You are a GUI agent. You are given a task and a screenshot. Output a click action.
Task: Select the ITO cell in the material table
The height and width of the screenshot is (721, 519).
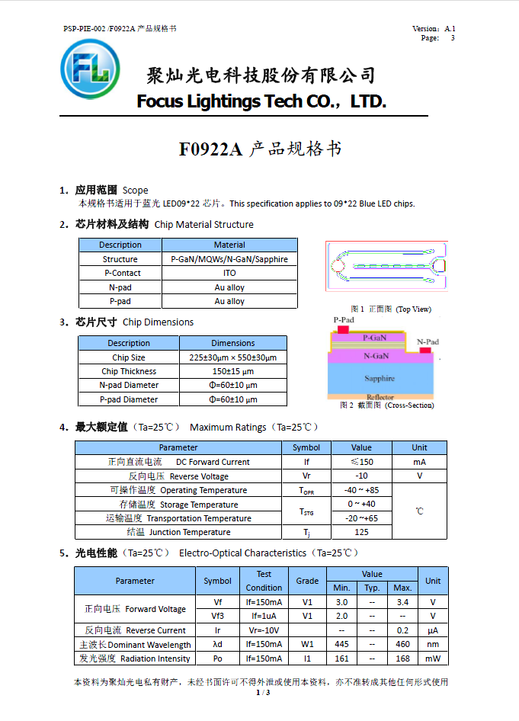pos(229,273)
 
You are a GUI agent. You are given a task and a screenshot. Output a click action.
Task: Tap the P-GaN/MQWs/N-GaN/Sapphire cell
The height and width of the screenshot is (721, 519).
pos(229,259)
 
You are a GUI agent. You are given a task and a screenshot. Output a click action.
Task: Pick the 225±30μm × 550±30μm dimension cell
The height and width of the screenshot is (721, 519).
pos(232,357)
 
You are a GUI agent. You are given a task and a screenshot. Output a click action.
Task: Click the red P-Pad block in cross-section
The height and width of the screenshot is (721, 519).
pos(343,329)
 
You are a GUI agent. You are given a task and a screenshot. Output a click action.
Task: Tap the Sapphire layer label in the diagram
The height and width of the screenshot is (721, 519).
pos(379,378)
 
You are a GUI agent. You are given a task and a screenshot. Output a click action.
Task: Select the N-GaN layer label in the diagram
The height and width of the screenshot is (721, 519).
pos(376,355)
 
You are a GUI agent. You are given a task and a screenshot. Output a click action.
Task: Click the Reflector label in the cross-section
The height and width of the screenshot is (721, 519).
pos(380,397)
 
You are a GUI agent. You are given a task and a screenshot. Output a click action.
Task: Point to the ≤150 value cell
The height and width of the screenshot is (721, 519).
pos(361,462)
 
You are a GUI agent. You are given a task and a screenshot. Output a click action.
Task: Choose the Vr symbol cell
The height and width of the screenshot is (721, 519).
pos(306,476)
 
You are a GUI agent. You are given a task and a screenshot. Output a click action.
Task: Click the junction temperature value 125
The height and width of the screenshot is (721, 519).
pos(361,532)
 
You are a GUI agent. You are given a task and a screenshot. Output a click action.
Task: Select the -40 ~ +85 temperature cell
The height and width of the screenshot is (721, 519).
pos(361,490)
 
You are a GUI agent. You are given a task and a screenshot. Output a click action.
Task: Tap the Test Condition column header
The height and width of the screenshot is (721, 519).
pos(264,581)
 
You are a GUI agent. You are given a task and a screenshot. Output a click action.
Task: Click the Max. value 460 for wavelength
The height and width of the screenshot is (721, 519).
pos(402,645)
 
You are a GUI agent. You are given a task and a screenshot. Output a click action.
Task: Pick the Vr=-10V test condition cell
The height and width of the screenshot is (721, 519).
pos(264,630)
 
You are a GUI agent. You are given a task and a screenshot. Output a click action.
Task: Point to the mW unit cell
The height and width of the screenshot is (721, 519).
pos(432,659)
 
